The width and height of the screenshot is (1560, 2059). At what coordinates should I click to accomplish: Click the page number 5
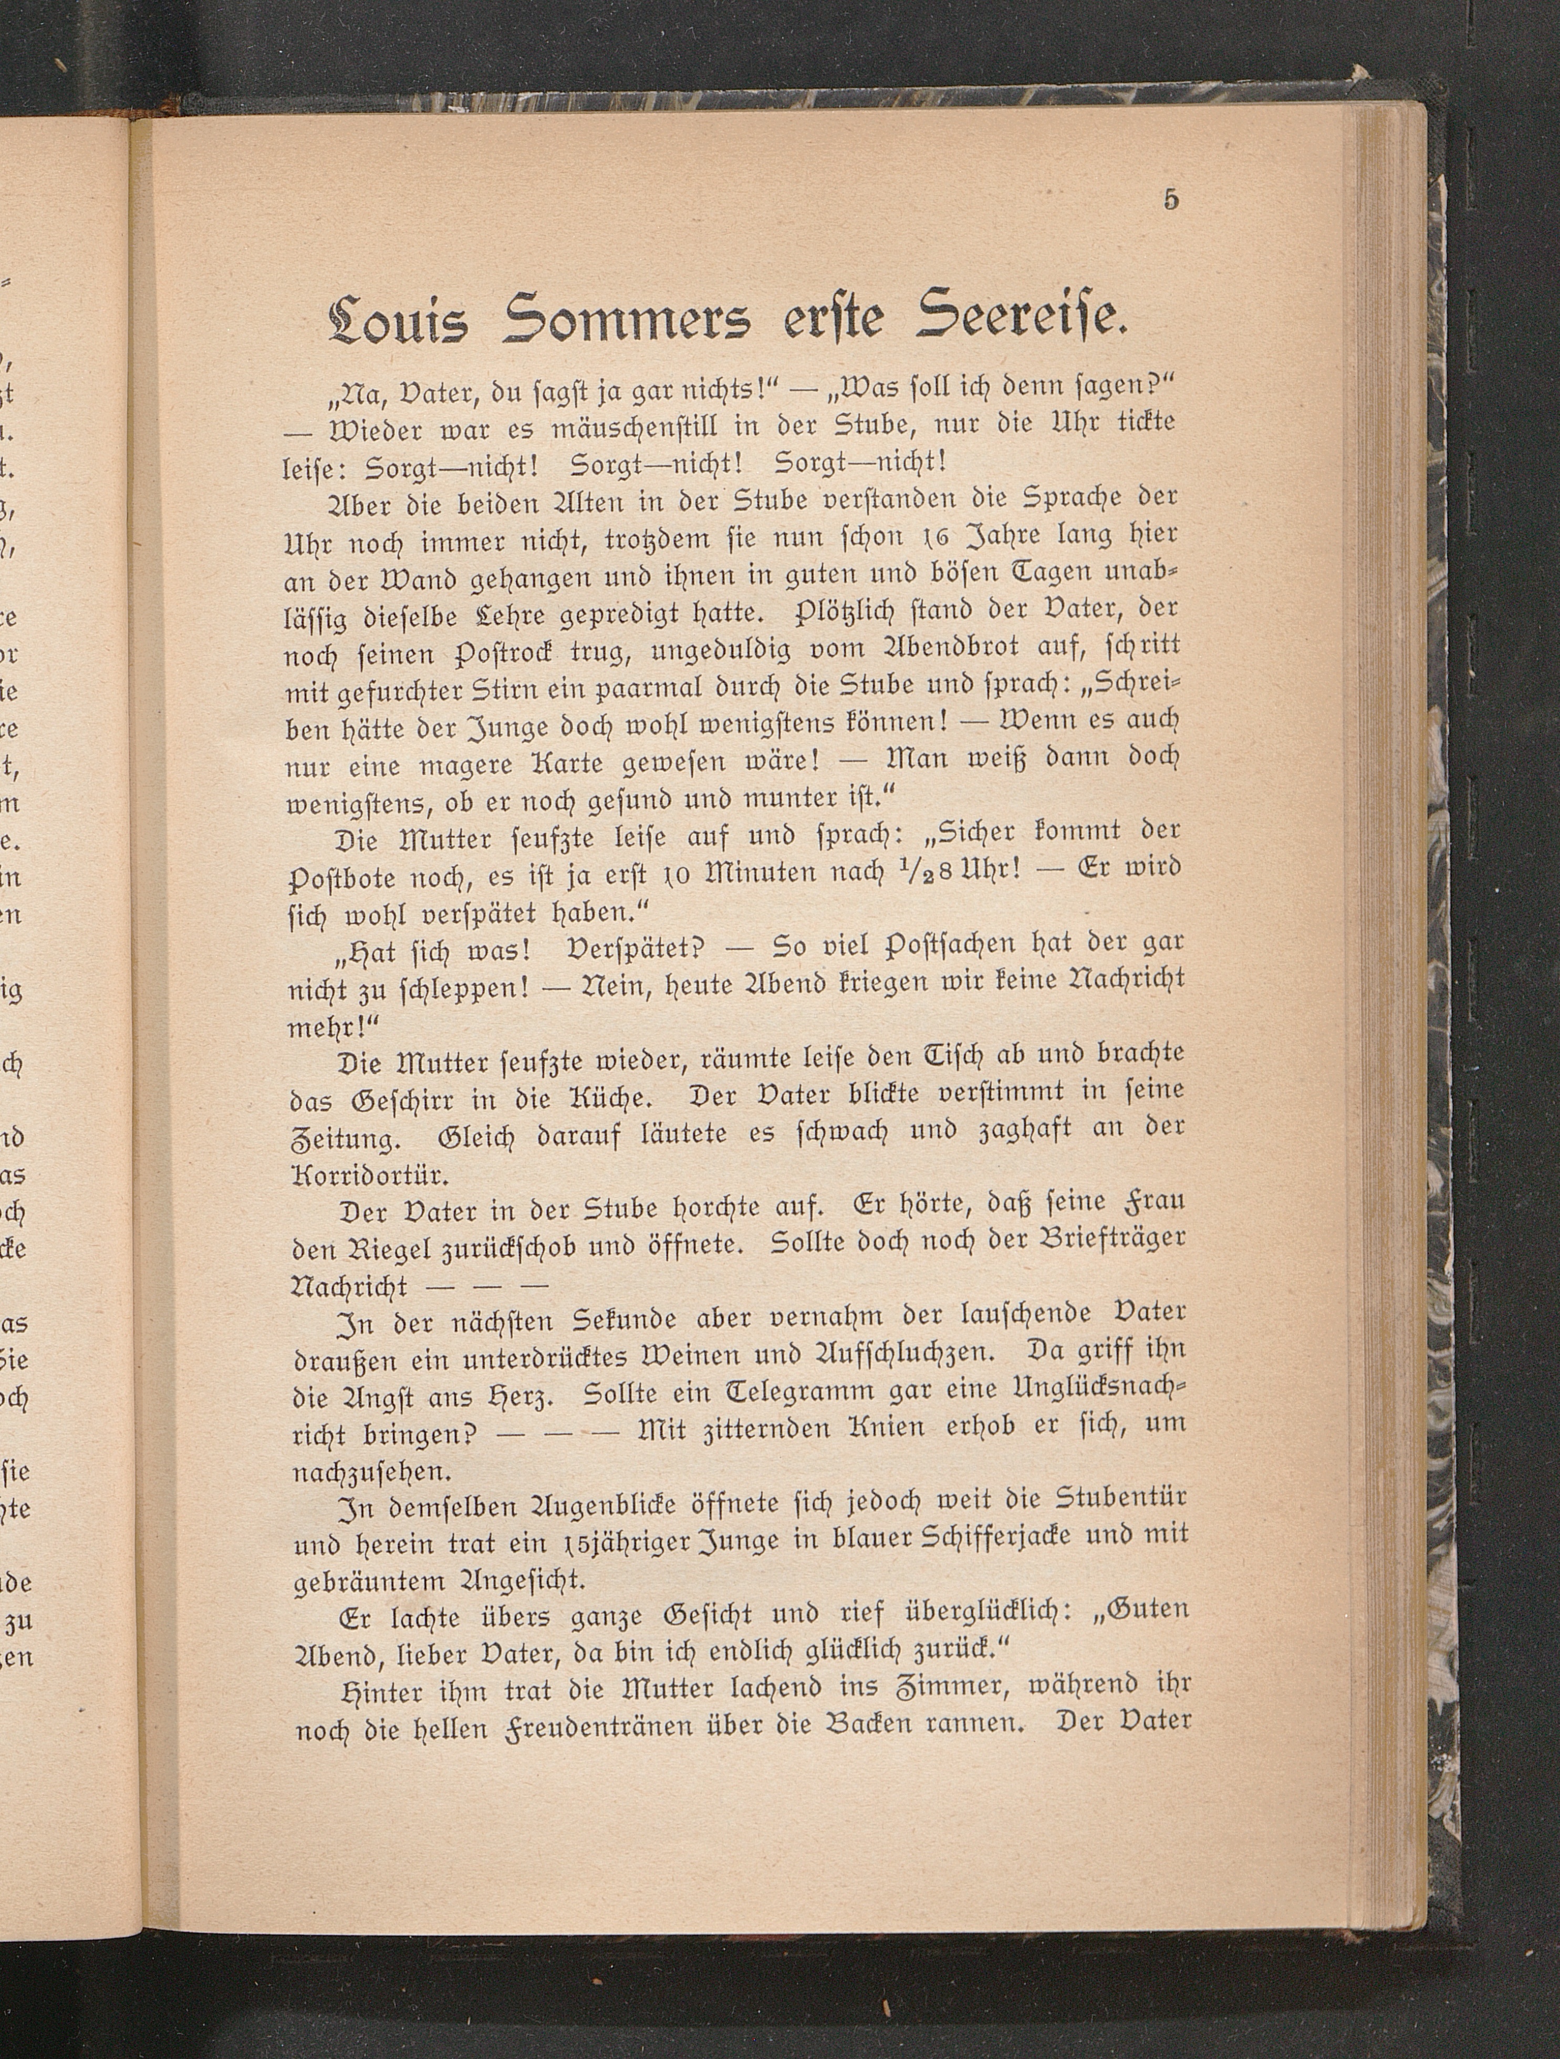(x=1170, y=200)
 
